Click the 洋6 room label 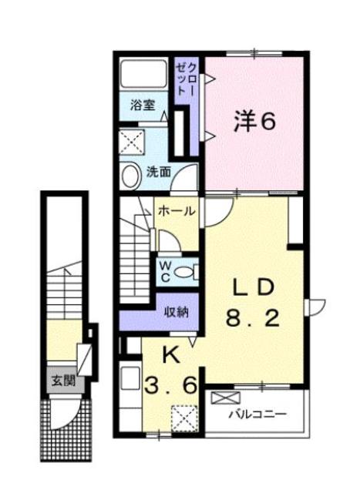coord(254,122)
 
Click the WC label coord(165,270)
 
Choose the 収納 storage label coord(177,312)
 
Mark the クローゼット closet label coord(187,78)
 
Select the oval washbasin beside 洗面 coord(130,176)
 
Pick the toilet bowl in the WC coord(186,270)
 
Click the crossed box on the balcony coord(224,399)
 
